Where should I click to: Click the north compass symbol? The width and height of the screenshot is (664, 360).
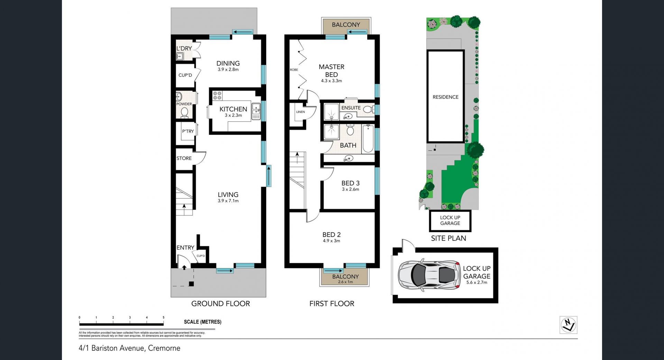click(x=568, y=325)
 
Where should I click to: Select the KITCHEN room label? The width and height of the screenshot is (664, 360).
click(x=233, y=109)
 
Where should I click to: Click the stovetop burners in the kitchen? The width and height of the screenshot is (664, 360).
click(x=217, y=95)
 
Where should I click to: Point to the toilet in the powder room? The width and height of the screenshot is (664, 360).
click(x=184, y=112)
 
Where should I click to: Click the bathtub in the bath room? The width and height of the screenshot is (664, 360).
click(x=368, y=139)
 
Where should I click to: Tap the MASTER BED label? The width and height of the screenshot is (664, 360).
click(x=331, y=71)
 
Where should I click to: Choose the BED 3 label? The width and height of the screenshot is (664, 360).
click(x=350, y=183)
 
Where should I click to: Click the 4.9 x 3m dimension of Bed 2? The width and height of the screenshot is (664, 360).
click(x=331, y=241)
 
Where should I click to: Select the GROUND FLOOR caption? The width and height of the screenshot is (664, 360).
click(x=221, y=304)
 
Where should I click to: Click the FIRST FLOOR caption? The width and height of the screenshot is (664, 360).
click(x=332, y=304)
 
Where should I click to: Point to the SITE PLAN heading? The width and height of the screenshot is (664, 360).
click(x=449, y=238)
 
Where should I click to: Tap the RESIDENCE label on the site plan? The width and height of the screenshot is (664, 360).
click(x=445, y=97)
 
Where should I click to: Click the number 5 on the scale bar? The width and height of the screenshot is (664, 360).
click(x=164, y=317)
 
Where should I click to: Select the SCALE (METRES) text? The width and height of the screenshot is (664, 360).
click(x=203, y=322)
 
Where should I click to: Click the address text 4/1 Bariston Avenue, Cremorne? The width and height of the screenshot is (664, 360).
click(x=130, y=348)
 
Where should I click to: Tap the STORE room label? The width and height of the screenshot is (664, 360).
click(x=184, y=158)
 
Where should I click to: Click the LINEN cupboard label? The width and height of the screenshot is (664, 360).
click(x=301, y=112)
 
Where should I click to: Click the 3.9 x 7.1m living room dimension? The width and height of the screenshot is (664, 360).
click(x=228, y=201)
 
